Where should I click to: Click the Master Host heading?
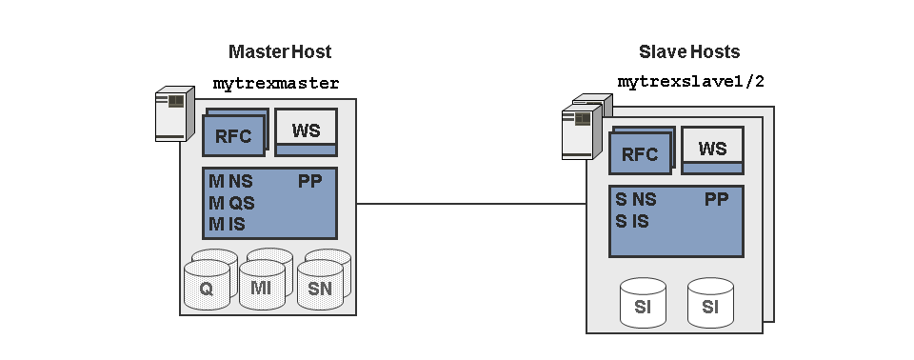280,52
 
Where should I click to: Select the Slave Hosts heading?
689,52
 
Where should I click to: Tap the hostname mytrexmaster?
276,84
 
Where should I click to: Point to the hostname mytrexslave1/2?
691,82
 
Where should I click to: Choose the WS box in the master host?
306,131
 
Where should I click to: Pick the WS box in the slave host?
712,150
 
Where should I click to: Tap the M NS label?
230,182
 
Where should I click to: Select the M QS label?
231,203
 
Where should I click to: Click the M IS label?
227,224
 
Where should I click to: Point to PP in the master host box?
310,182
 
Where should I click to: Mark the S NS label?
636,200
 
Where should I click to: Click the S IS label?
632,221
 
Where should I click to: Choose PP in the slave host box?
716,200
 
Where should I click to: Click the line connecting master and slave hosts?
471,204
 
